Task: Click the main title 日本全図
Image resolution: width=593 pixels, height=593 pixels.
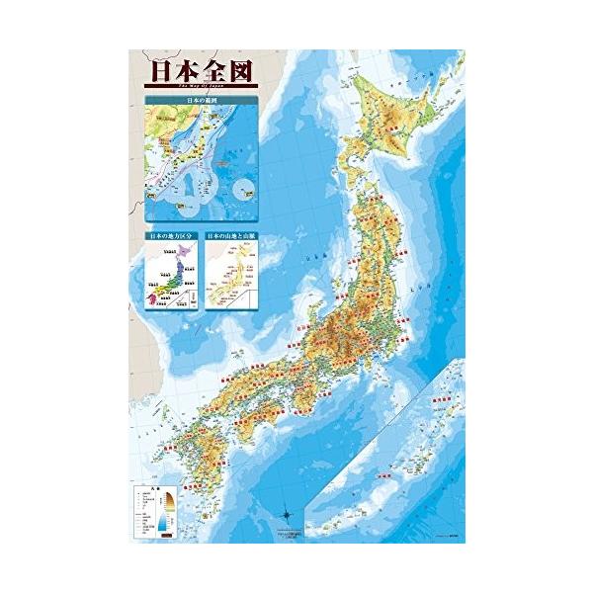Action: point(193,72)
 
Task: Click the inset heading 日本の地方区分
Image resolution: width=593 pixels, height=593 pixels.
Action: point(170,238)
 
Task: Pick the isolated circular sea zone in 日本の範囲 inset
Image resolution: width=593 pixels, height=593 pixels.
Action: point(242,189)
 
